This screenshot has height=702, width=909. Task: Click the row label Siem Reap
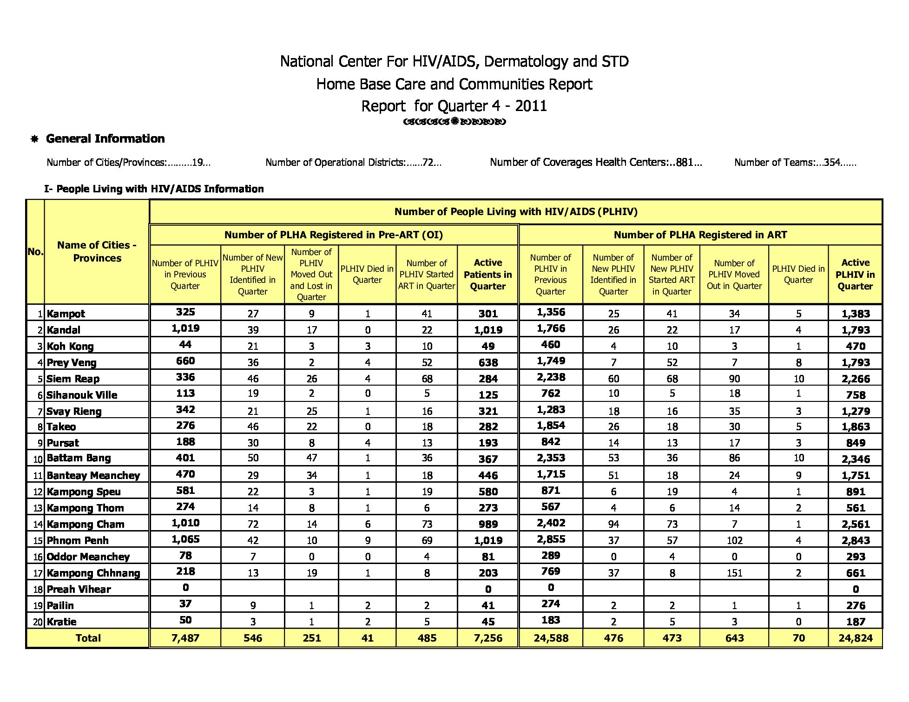[73, 379]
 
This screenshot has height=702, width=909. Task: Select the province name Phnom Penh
[78, 540]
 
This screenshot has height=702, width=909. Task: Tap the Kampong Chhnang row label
[93, 573]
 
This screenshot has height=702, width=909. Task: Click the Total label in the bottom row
[88, 638]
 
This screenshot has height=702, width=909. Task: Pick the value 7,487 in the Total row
[185, 638]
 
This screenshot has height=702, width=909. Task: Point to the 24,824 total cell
[855, 638]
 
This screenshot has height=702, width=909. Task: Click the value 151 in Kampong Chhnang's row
[734, 573]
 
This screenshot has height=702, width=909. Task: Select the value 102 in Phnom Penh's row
[734, 540]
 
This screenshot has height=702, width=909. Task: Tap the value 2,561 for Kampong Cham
[855, 524]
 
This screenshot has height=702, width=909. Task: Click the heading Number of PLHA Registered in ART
[700, 235]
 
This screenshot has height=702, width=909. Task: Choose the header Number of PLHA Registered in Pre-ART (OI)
[334, 235]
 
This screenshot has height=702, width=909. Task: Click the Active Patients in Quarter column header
[487, 275]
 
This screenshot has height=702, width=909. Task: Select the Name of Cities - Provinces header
[97, 251]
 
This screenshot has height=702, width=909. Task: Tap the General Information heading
[105, 138]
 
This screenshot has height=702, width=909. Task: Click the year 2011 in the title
[531, 106]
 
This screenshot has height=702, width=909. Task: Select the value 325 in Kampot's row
[185, 312]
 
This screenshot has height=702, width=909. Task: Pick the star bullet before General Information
[34, 139]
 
